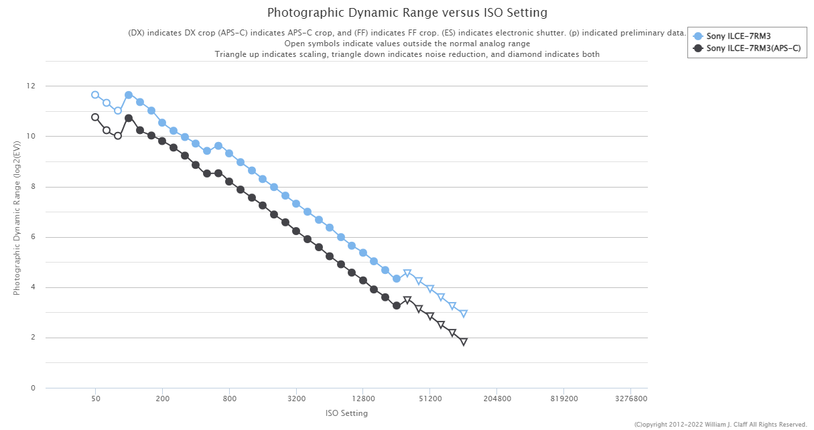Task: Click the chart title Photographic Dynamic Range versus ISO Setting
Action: click(407, 13)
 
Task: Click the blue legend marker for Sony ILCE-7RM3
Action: click(697, 36)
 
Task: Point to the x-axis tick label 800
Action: click(229, 399)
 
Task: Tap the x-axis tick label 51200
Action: click(430, 399)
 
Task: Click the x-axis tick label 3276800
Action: click(631, 399)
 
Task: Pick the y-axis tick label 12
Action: click(31, 86)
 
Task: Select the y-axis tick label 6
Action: click(33, 237)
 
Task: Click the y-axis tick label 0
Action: click(33, 388)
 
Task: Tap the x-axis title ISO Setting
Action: click(346, 413)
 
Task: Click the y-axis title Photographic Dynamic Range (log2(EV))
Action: click(16, 218)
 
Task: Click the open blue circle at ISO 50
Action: click(95, 95)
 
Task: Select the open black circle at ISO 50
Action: click(95, 117)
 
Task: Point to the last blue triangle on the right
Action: click(464, 313)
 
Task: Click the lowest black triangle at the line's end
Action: click(464, 342)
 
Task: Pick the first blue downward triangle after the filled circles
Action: click(407, 273)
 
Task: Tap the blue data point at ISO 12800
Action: click(363, 253)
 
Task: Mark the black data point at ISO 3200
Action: click(296, 231)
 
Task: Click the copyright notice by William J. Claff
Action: click(720, 425)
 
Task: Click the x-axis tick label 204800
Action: click(497, 399)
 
